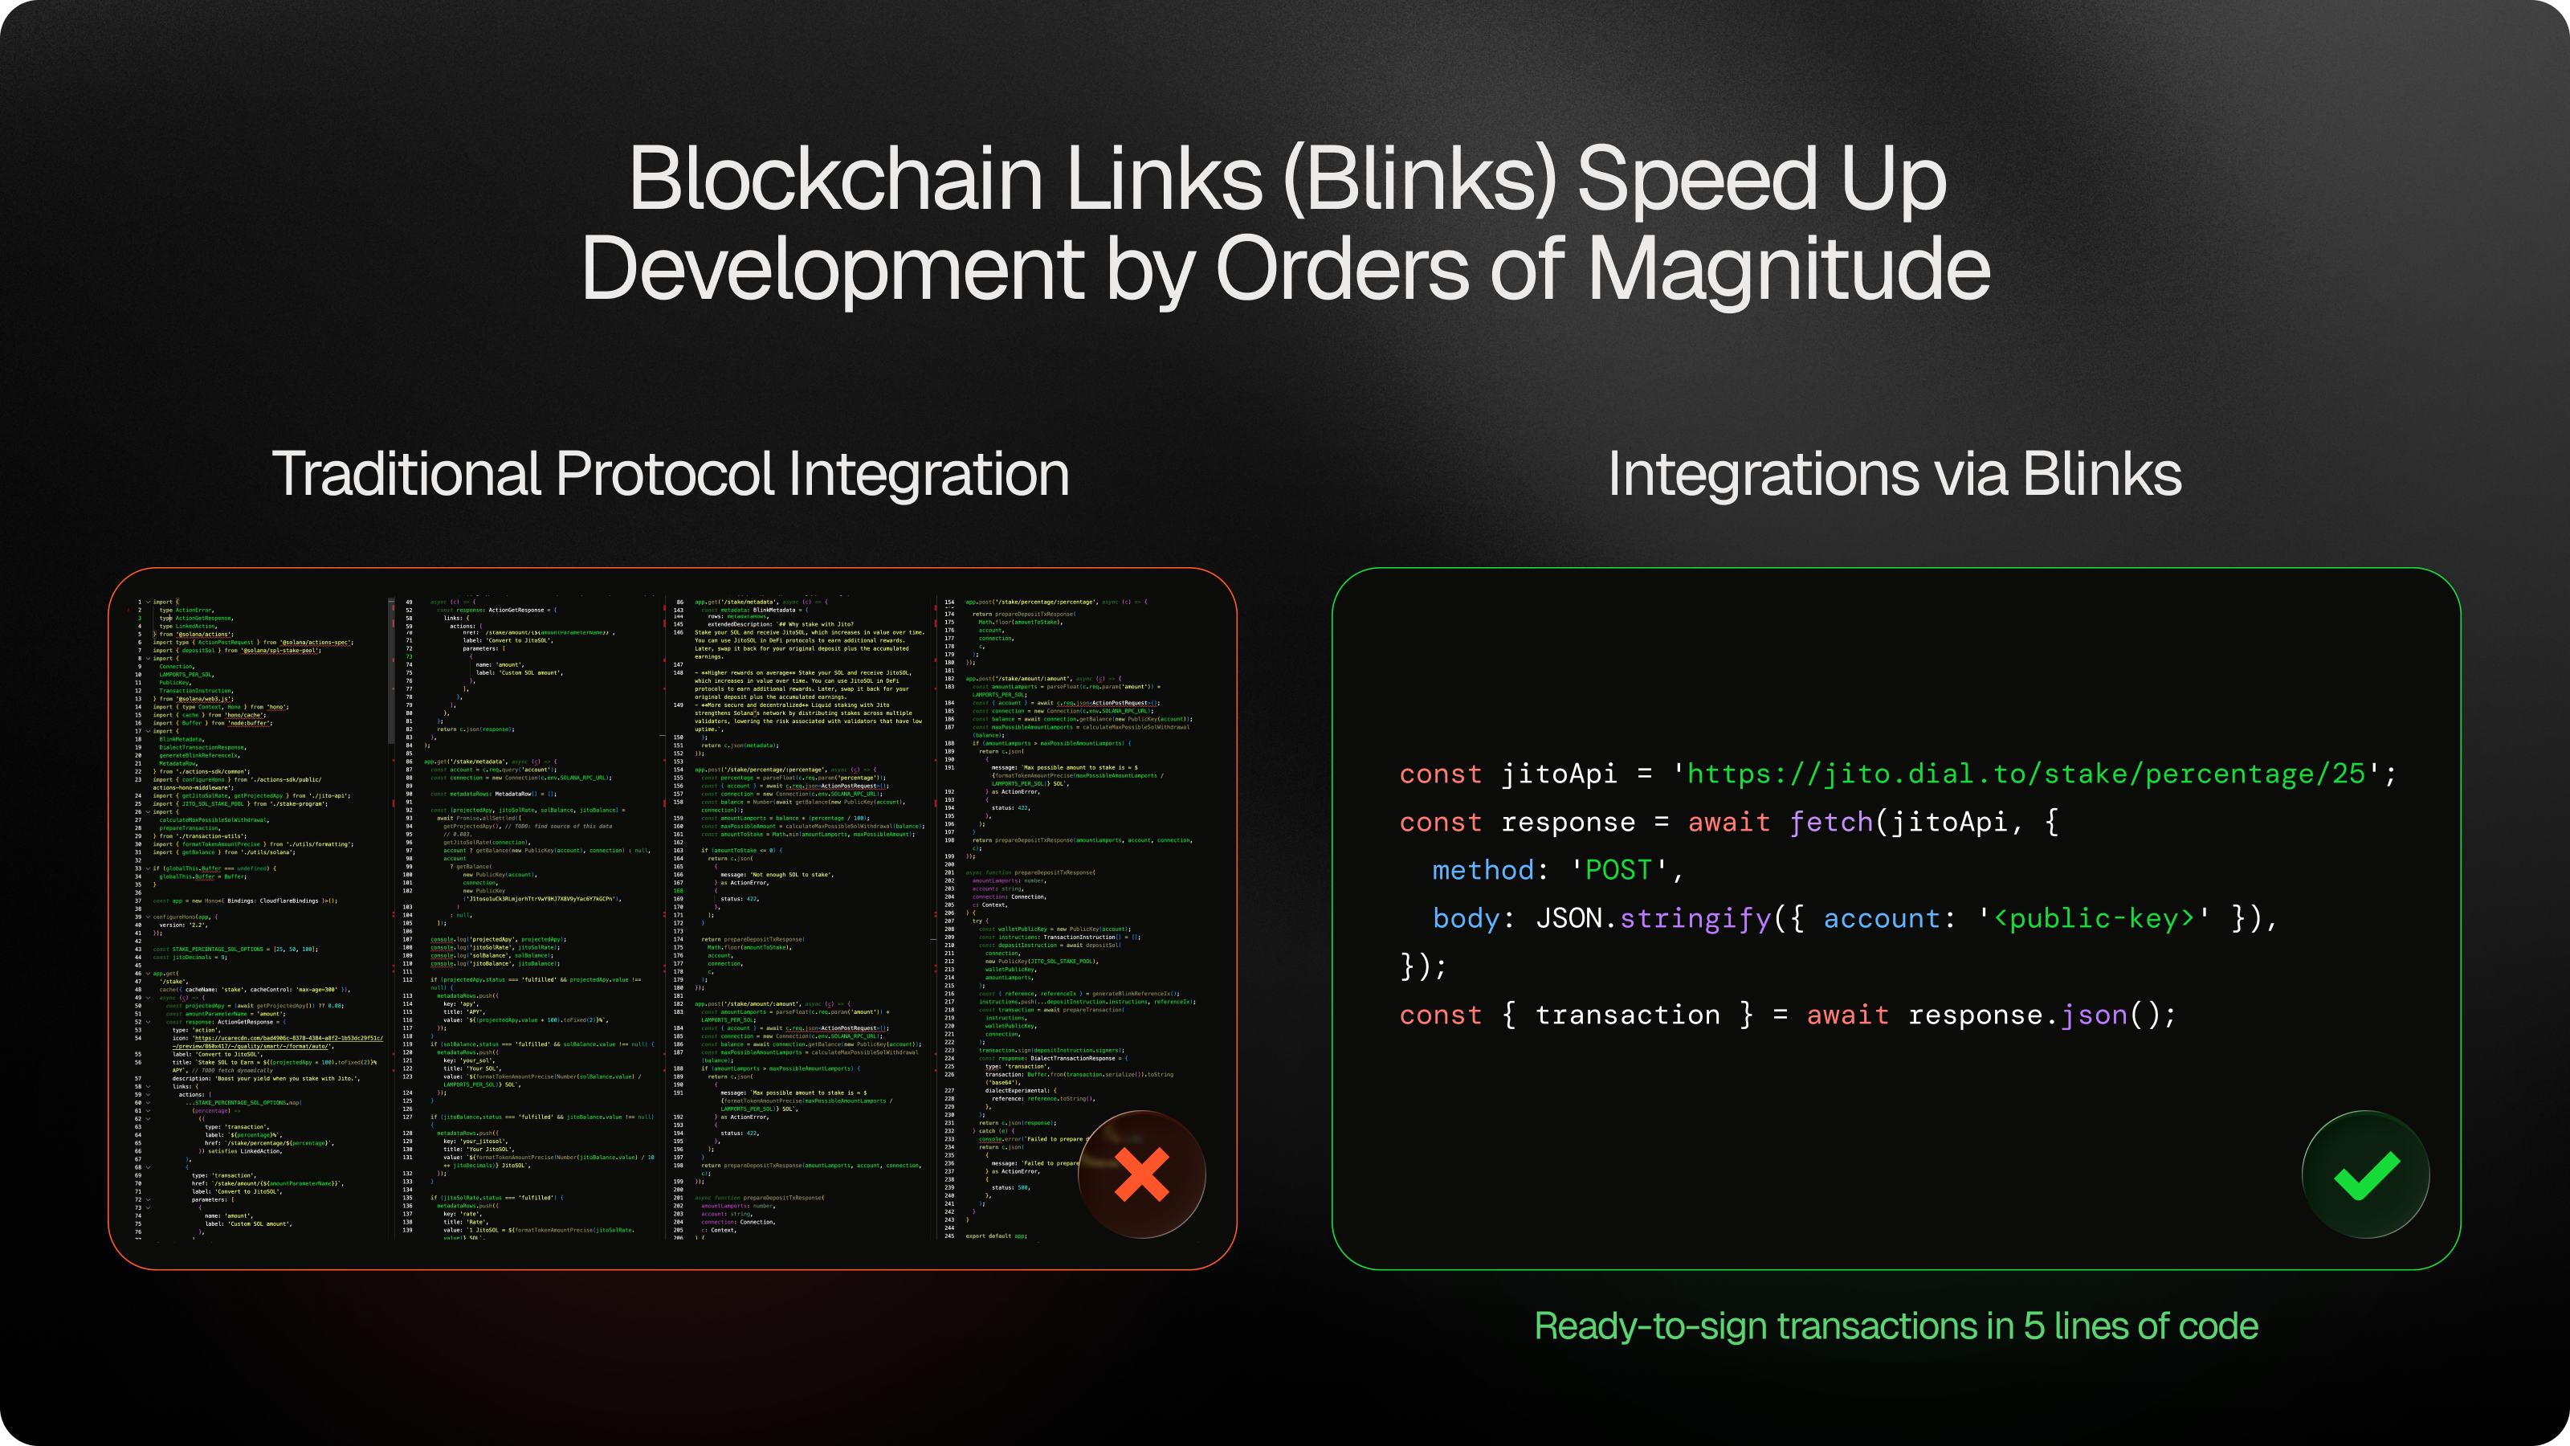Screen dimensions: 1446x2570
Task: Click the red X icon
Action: click(1141, 1174)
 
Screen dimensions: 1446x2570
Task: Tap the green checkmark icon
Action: click(2365, 1174)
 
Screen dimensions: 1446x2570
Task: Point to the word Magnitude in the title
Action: click(1789, 269)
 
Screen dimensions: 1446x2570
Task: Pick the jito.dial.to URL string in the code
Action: click(2025, 774)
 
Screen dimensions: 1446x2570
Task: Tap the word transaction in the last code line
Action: click(1627, 1014)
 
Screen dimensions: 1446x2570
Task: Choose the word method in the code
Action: click(1483, 869)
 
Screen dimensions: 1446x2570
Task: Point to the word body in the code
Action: click(1466, 918)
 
